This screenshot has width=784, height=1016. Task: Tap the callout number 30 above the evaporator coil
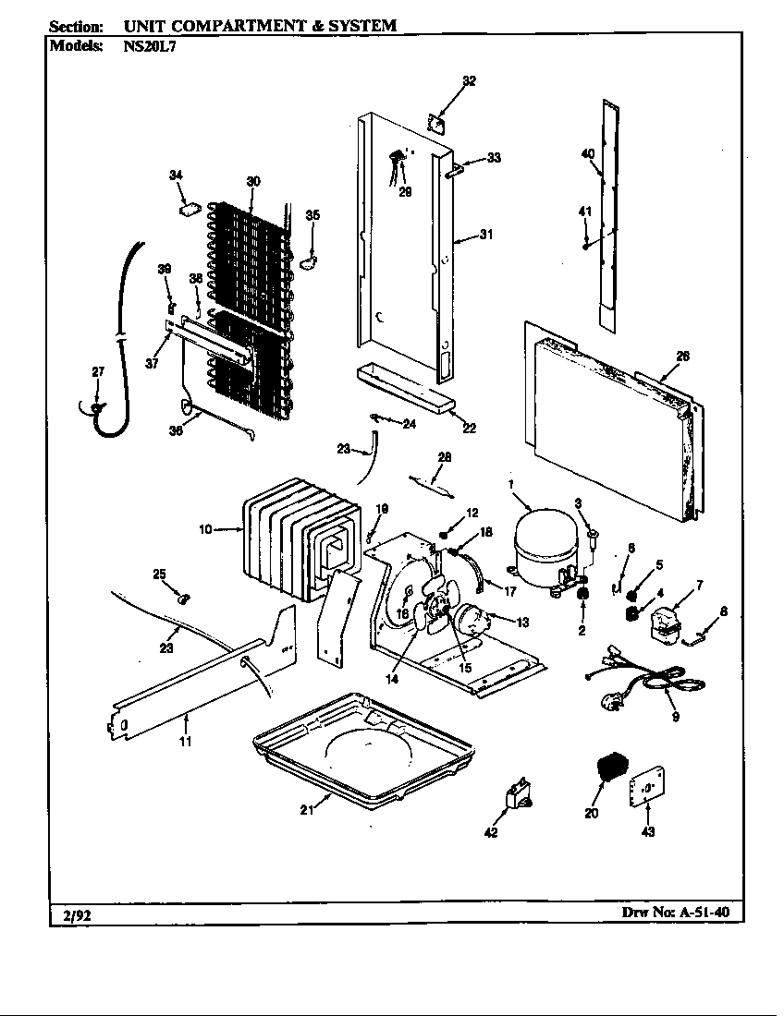point(252,182)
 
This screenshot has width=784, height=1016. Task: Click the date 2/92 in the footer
point(70,915)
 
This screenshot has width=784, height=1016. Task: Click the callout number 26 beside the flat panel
point(682,357)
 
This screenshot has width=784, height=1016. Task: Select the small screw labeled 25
point(181,599)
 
